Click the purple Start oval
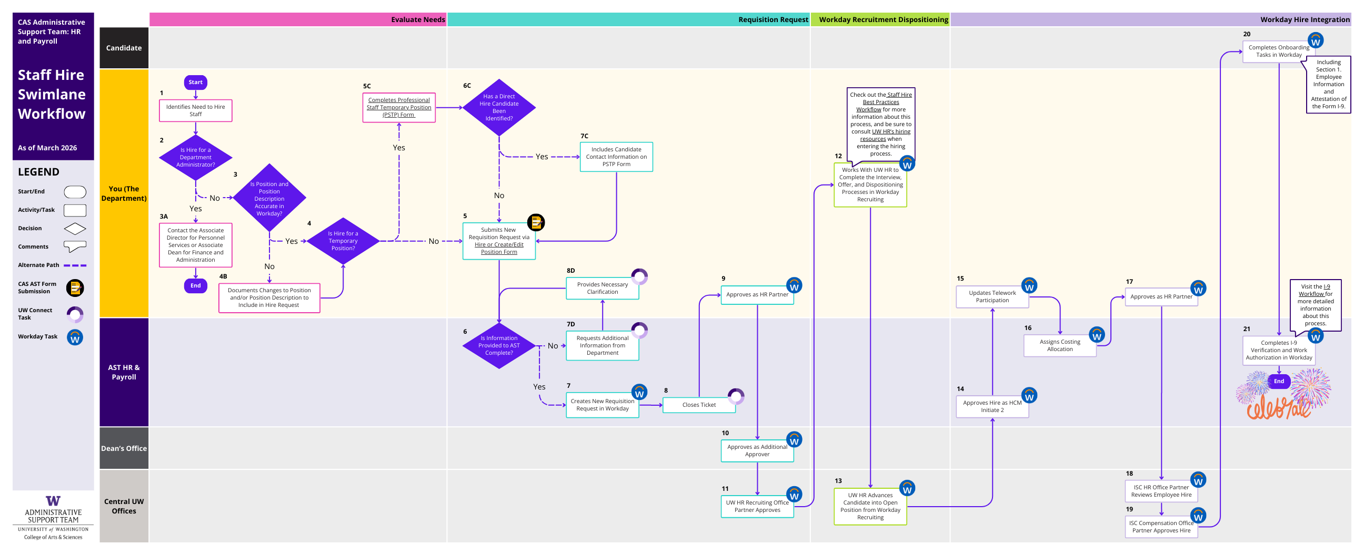point(195,82)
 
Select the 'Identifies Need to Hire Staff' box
point(195,110)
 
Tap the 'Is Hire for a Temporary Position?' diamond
point(343,241)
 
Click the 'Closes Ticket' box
point(698,405)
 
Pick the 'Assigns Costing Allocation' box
point(1059,345)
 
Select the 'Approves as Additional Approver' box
point(757,451)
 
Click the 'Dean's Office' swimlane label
point(124,448)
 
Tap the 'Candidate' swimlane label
point(124,48)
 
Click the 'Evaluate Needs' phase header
point(417,19)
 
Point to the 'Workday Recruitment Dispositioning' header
point(882,19)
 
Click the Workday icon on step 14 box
point(1029,395)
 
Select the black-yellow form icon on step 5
point(536,222)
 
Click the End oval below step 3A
point(195,286)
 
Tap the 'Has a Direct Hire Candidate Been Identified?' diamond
point(499,107)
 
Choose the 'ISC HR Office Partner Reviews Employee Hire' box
point(1161,491)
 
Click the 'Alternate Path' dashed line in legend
point(75,265)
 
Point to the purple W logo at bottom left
point(53,500)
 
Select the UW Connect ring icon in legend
point(75,314)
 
